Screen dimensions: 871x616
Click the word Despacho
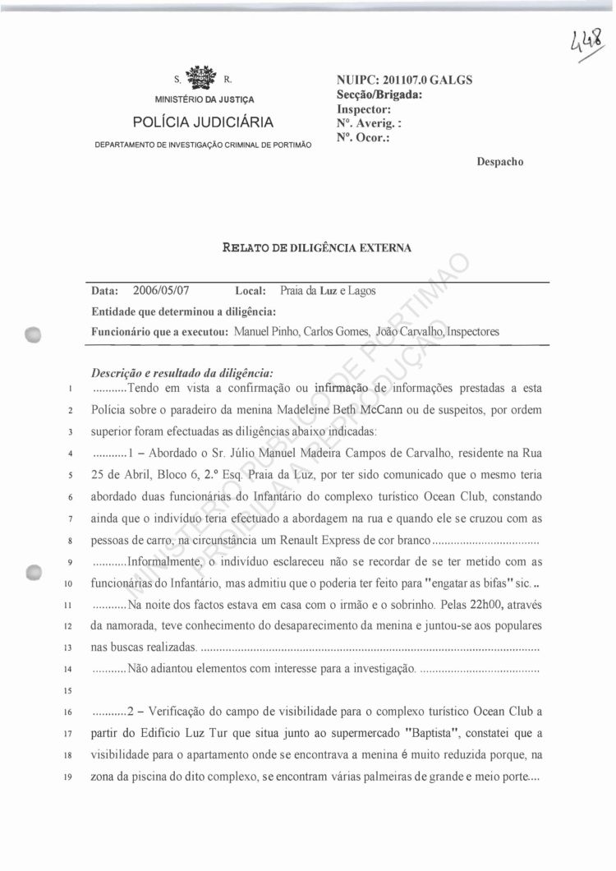click(x=500, y=162)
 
